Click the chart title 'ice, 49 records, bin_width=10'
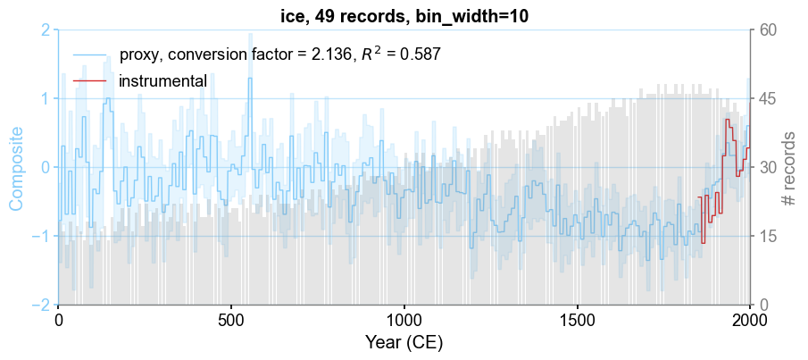tap(404, 13)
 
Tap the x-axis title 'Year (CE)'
tap(404, 343)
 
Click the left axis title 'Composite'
tap(16, 168)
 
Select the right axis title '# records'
tap(788, 168)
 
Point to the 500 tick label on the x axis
tap(231, 320)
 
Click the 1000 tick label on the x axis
tap(404, 320)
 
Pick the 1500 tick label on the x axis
tap(577, 320)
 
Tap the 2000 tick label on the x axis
tap(748, 320)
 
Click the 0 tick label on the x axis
tap(59, 320)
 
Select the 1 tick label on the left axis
tap(45, 98)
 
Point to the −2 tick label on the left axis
tap(41, 306)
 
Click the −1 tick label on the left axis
tap(41, 237)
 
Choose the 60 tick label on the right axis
tap(766, 30)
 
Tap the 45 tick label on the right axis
tap(766, 98)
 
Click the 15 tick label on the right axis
tap(766, 237)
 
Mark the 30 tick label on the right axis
tap(766, 168)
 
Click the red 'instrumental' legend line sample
tap(89, 81)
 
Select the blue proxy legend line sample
tap(89, 54)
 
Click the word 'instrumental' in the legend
tap(162, 81)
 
